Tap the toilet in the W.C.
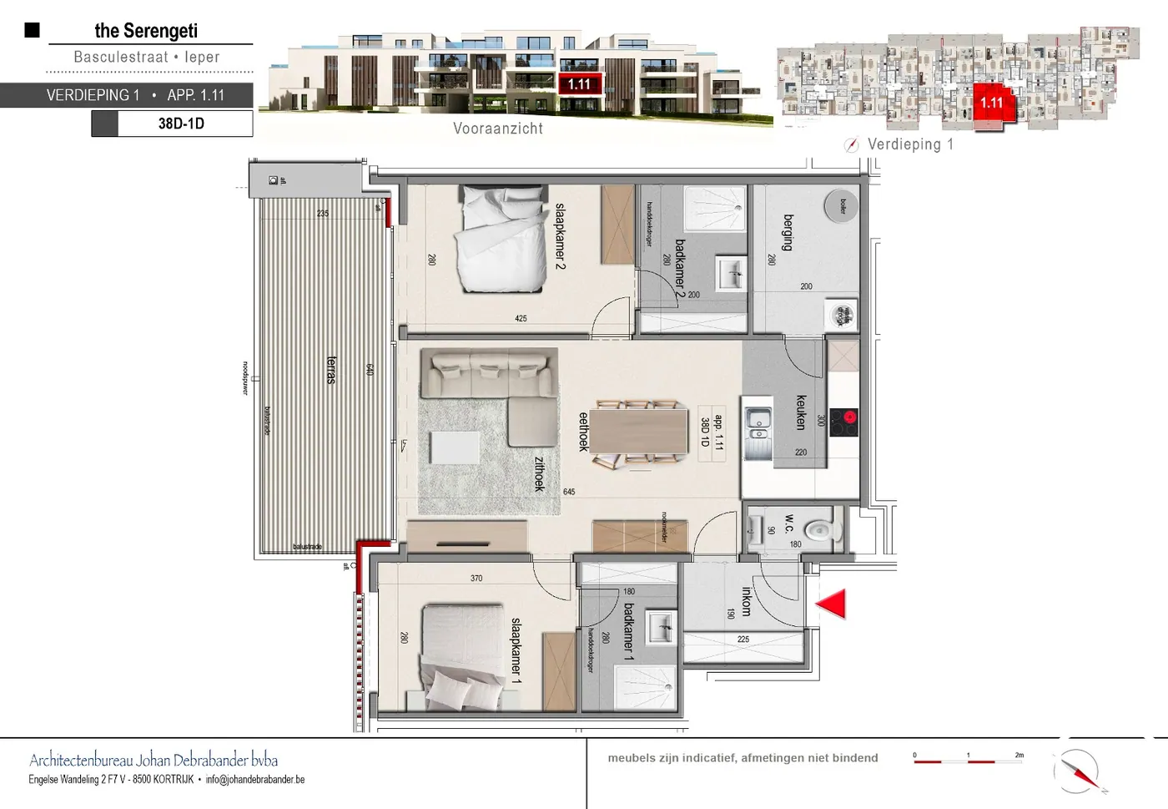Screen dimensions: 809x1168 pos(820,529)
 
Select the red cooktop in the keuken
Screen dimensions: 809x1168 pos(844,420)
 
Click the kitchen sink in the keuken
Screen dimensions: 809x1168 pos(759,424)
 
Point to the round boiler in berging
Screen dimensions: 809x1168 pos(840,205)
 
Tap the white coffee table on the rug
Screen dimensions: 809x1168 pos(455,447)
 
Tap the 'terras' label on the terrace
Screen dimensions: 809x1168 pos(331,369)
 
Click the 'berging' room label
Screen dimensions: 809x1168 pos(788,233)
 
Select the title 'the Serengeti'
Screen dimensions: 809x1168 pos(146,31)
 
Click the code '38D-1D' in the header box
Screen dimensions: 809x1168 pos(181,124)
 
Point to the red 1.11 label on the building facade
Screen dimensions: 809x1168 pos(579,84)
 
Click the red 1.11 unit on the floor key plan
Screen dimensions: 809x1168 pos(992,103)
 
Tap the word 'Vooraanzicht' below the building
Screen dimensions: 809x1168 pos(498,129)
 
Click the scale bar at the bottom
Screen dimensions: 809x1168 pos(968,761)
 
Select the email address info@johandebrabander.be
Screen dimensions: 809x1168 pos(255,780)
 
